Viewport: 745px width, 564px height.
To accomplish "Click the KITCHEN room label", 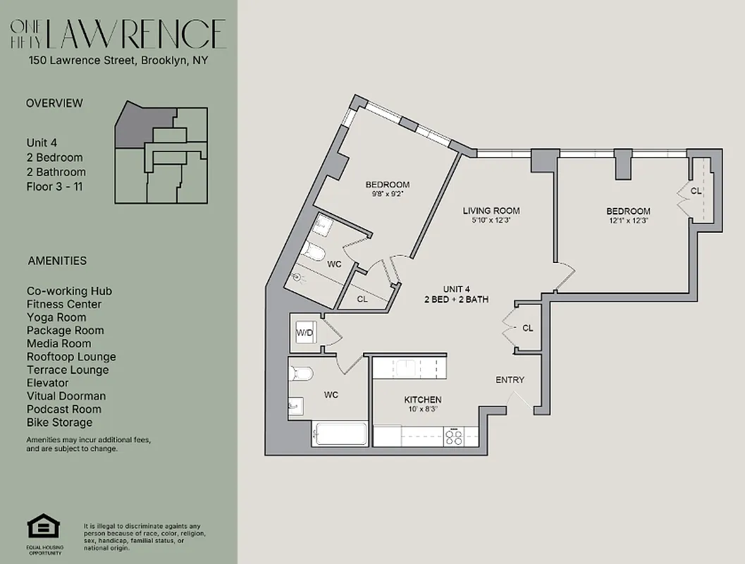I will tap(423, 399).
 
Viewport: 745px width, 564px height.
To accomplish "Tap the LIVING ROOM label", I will tap(491, 210).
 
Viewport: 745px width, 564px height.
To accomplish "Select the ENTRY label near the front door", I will tap(510, 380).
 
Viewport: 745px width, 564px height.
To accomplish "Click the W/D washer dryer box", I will tap(304, 332).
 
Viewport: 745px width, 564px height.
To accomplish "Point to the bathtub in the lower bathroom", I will tap(339, 434).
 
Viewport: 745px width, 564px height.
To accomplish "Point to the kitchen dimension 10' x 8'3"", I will tap(422, 409).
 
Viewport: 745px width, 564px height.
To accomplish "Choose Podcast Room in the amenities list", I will tap(64, 409).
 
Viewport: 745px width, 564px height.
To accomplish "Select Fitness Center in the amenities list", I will tap(64, 304).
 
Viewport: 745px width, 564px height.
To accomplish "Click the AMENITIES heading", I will tap(57, 260).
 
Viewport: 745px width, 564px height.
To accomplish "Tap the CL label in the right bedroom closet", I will tap(696, 190).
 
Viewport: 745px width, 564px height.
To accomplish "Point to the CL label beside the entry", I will tap(527, 328).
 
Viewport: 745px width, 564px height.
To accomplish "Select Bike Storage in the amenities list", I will tap(59, 422).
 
